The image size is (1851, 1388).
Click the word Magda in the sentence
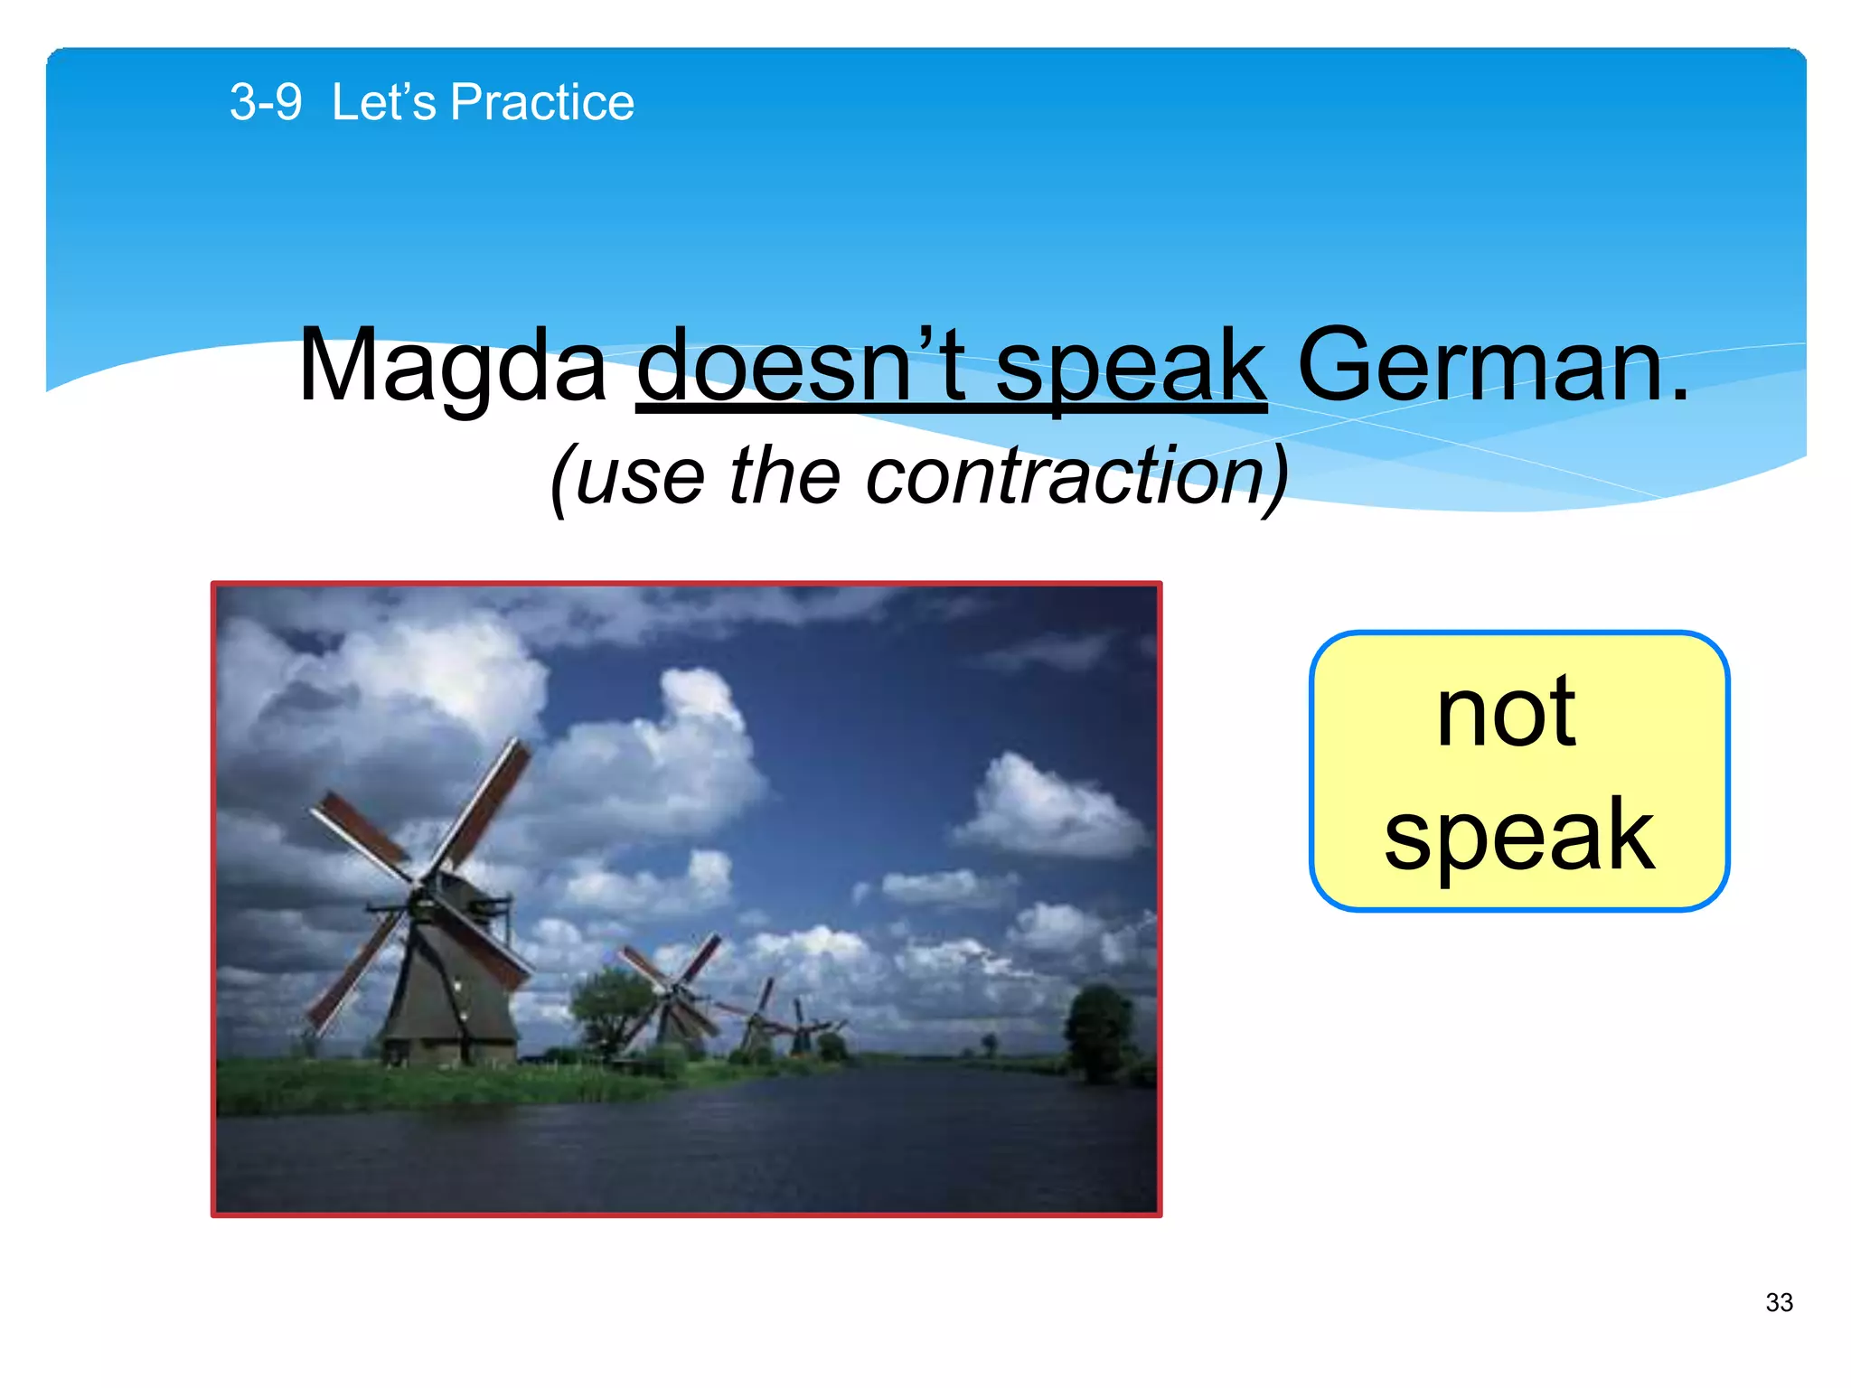click(x=452, y=366)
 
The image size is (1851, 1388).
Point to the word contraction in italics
click(x=1066, y=476)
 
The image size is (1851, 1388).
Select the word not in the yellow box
click(x=1507, y=714)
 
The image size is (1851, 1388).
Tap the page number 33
click(x=1779, y=1302)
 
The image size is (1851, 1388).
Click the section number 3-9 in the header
click(x=266, y=102)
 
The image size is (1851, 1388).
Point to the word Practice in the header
click(x=542, y=102)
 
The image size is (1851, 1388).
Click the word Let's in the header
click(x=383, y=102)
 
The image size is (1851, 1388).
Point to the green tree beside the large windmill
click(x=610, y=1008)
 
